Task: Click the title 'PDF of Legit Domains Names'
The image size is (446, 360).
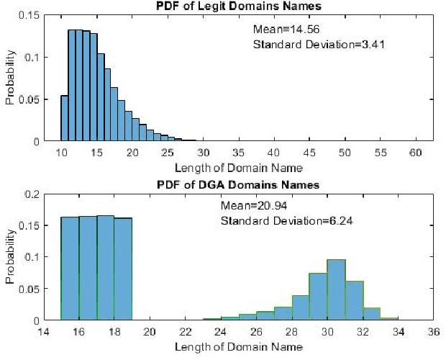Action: click(238, 6)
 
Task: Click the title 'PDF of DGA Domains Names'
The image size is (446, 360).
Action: click(238, 185)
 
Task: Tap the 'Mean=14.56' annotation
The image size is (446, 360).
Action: click(286, 30)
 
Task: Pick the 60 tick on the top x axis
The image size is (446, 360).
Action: click(415, 153)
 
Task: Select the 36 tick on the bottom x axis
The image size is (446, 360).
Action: click(433, 332)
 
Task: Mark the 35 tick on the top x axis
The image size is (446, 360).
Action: click(239, 153)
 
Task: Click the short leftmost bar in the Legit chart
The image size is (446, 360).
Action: click(64, 118)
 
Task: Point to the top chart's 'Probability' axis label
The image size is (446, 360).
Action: click(10, 77)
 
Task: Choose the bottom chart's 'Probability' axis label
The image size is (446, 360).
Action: click(10, 256)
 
